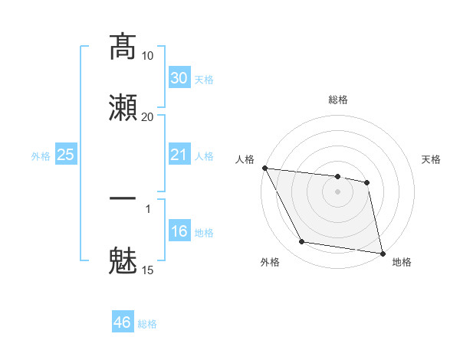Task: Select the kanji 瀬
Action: pos(123,106)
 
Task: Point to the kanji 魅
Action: pos(123,260)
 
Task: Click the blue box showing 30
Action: pos(179,78)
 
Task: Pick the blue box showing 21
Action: pos(179,155)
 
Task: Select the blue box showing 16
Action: pos(179,231)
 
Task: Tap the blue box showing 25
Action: pos(65,155)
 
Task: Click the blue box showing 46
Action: pos(122,322)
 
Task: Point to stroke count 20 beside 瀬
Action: pos(147,116)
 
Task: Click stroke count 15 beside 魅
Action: pos(147,270)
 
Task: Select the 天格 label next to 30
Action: pos(204,80)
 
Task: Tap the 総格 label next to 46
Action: pos(147,324)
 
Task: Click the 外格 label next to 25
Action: pos(41,156)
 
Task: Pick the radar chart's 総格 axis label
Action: pos(338,100)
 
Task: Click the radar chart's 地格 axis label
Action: pos(402,263)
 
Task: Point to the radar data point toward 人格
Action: pos(264,168)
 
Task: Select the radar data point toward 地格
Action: pos(382,252)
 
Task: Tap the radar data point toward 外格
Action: pos(302,242)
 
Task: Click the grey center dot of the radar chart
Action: pos(337,191)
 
